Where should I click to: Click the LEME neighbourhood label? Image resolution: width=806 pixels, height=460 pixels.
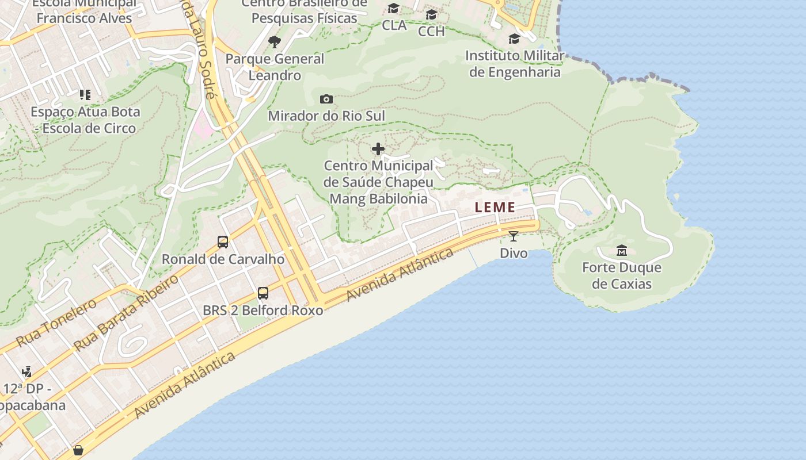pyautogui.click(x=495, y=208)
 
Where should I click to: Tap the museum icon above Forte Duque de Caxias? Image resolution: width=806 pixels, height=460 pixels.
pyautogui.click(x=622, y=251)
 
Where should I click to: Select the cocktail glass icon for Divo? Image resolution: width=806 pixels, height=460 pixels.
pyautogui.click(x=513, y=236)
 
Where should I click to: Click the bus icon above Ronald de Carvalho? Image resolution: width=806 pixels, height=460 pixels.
pyautogui.click(x=223, y=242)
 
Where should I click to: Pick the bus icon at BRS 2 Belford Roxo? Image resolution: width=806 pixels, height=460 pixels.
pyautogui.click(x=263, y=293)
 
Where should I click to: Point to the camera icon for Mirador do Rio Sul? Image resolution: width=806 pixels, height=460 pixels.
pyautogui.click(x=326, y=99)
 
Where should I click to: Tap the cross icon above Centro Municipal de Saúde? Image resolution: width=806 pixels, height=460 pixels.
pyautogui.click(x=378, y=149)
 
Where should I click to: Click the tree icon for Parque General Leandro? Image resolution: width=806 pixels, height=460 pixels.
pyautogui.click(x=275, y=41)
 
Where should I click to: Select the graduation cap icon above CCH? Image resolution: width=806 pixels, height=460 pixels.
pyautogui.click(x=431, y=14)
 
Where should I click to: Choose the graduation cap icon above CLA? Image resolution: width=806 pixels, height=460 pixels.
pyautogui.click(x=394, y=8)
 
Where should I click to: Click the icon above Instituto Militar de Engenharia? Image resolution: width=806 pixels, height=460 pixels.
pyautogui.click(x=514, y=39)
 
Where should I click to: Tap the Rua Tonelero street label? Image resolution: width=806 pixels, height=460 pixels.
pyautogui.click(x=56, y=323)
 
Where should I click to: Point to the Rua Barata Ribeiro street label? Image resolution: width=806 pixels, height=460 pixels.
pyautogui.click(x=127, y=313)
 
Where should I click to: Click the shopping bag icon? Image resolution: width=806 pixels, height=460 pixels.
pyautogui.click(x=78, y=450)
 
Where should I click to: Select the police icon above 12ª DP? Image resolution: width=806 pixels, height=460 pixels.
pyautogui.click(x=26, y=372)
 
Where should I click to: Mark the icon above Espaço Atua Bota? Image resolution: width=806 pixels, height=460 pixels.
pyautogui.click(x=85, y=94)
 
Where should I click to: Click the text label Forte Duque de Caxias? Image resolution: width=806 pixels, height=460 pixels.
pyautogui.click(x=622, y=275)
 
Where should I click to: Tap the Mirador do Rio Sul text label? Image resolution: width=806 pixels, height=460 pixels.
pyautogui.click(x=326, y=116)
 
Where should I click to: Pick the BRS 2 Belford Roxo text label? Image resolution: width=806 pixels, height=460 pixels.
pyautogui.click(x=263, y=310)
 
